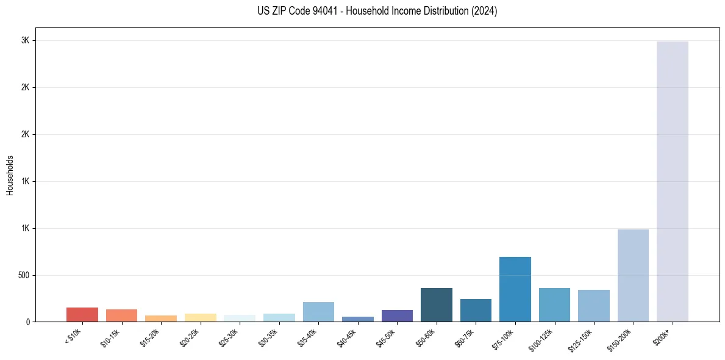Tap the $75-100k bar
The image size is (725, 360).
(515, 289)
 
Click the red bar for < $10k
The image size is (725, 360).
(82, 315)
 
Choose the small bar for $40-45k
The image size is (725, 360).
(357, 319)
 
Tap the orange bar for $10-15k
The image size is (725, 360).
(121, 315)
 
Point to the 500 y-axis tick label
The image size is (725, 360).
(24, 275)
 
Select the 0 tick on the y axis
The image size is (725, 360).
(28, 322)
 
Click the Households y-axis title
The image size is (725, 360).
(10, 175)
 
